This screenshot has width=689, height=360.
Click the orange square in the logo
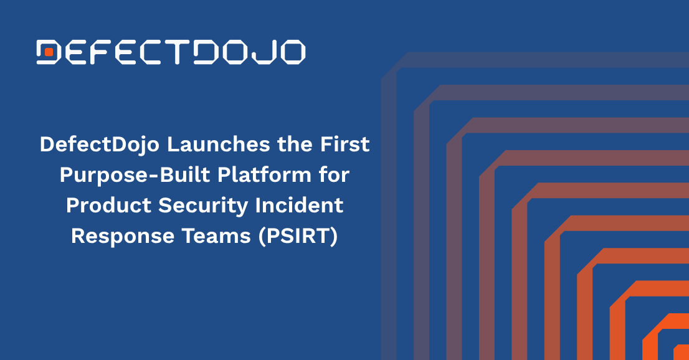click(x=49, y=52)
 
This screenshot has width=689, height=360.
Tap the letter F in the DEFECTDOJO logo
click(x=98, y=52)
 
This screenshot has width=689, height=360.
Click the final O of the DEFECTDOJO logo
click(x=291, y=52)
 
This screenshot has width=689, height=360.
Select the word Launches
click(x=219, y=144)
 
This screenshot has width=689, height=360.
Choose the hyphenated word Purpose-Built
click(x=135, y=176)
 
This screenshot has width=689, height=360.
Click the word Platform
click(x=265, y=174)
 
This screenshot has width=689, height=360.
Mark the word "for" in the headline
click(x=335, y=174)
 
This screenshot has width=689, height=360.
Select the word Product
click(x=108, y=206)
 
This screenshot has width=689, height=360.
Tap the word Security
click(x=204, y=206)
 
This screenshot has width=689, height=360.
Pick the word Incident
click(x=299, y=206)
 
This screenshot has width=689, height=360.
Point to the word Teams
click(x=216, y=236)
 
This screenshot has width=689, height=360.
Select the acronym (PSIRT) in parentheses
click(x=298, y=237)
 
